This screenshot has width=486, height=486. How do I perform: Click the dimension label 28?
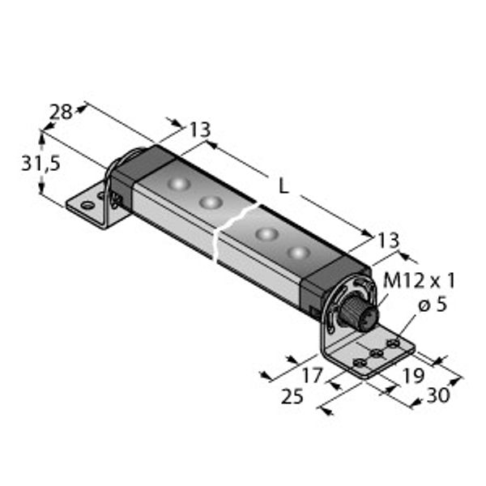pyautogui.click(x=61, y=113)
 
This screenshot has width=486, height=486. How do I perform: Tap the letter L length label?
pyautogui.click(x=283, y=185)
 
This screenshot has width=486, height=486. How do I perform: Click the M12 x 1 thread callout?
pyautogui.click(x=419, y=281)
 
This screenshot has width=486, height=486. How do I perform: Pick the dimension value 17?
pyautogui.click(x=311, y=376)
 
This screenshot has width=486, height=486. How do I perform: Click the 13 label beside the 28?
pyautogui.click(x=199, y=129)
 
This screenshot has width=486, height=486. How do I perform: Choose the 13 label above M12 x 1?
pyautogui.click(x=389, y=240)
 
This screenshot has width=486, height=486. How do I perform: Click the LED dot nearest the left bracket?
pyautogui.click(x=177, y=186)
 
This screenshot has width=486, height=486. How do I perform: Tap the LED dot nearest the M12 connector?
pyautogui.click(x=300, y=254)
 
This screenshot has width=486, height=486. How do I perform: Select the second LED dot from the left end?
pyautogui.click(x=211, y=202)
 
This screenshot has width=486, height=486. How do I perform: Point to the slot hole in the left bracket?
pyautogui.click(x=87, y=205)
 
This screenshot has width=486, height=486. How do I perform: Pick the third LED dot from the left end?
pyautogui.click(x=266, y=235)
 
